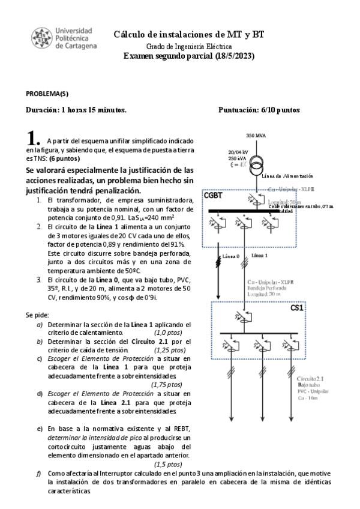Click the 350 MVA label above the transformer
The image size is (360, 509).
tap(256, 135)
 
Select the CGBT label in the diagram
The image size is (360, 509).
tap(214, 196)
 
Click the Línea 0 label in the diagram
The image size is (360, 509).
tap(230, 256)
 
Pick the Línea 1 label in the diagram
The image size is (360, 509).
tap(259, 255)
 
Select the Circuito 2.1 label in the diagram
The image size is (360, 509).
tap(310, 379)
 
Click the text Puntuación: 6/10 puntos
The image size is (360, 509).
tap(259, 110)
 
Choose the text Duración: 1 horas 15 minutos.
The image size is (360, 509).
tap(76, 110)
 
